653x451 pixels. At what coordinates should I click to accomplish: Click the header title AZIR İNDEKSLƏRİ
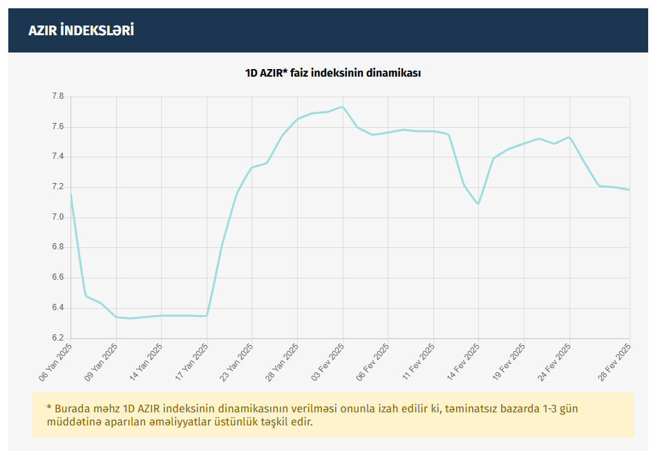(81, 30)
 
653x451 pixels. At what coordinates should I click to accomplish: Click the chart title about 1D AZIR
(333, 73)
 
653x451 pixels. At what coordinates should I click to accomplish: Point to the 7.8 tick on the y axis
(57, 97)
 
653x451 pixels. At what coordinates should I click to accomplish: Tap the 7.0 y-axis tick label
(57, 218)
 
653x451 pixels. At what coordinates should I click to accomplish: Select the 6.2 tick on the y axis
(57, 338)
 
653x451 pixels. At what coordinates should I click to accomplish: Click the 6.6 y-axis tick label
(57, 278)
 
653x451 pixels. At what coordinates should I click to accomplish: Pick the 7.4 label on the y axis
(57, 157)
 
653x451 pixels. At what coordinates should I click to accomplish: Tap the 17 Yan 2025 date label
(191, 362)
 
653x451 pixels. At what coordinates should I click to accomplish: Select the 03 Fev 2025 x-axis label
(328, 362)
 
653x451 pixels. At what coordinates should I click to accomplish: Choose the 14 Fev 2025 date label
(463, 362)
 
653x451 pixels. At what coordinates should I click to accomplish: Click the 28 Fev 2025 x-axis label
(614, 362)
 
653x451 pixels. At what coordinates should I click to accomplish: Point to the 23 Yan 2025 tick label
(237, 362)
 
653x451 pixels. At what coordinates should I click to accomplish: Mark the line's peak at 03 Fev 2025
(343, 107)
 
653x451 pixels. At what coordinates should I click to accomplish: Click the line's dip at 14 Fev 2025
(478, 204)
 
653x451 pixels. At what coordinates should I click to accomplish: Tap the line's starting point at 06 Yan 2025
(71, 195)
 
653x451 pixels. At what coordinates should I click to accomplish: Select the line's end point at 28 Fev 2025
(629, 190)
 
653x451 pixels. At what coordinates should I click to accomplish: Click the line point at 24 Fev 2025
(569, 137)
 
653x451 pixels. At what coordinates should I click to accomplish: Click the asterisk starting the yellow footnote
(49, 408)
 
